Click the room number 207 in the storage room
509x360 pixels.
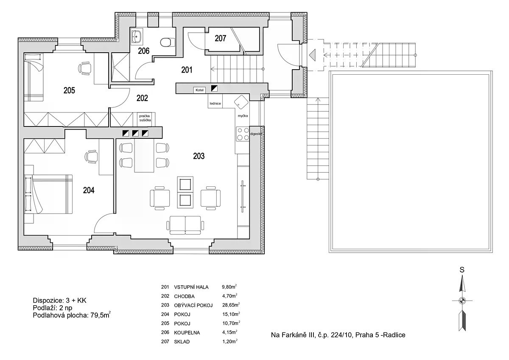point(220,38)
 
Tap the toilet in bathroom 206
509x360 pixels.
point(168,42)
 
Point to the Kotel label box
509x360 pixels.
point(199,90)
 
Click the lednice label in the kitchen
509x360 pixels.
point(215,104)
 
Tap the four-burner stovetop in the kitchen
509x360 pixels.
point(243,134)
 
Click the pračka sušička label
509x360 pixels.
point(145,118)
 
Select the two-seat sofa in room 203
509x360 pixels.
point(185,225)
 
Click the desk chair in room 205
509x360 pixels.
point(84,68)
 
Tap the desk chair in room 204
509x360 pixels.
point(91,157)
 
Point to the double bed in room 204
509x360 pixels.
point(48,194)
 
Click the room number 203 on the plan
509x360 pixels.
point(199,156)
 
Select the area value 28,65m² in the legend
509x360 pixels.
point(231,305)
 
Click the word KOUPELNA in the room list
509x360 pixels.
point(187,333)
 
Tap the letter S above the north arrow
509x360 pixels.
point(462,270)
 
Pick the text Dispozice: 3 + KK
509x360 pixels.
point(59,301)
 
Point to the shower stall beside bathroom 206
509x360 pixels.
point(120,67)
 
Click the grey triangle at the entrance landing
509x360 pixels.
point(313,55)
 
